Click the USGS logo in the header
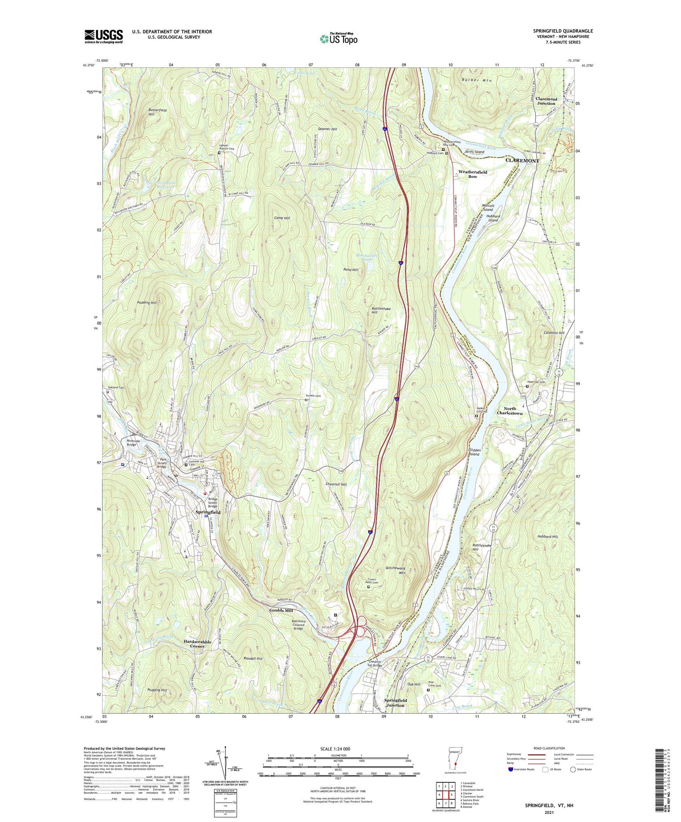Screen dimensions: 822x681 point(104,36)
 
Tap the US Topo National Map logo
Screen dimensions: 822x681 point(338,38)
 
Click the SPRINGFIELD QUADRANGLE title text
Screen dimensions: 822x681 point(563,31)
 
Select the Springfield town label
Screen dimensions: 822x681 point(208,512)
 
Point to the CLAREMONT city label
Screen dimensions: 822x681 point(522,161)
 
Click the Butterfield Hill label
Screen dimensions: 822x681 point(157,112)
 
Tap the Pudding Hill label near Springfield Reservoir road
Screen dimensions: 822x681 point(147,303)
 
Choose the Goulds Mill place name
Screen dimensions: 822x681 point(281,611)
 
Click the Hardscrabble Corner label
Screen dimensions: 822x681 point(197,644)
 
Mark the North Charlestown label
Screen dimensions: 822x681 point(509,411)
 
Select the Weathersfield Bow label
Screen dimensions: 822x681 point(473,174)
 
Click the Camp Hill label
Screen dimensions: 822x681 point(282,218)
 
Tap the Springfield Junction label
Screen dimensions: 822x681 point(395,703)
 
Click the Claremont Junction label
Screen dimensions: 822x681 point(546,101)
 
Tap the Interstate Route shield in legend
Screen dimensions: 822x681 point(511,770)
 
